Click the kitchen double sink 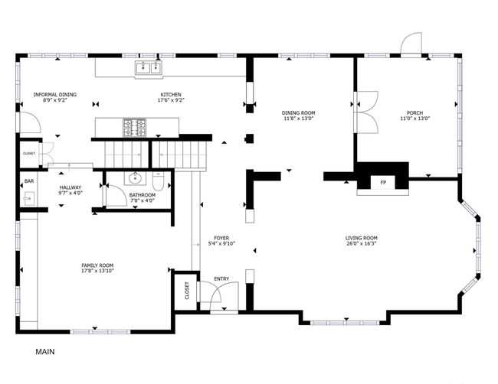(x=149, y=68)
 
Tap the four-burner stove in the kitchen (x=135, y=128)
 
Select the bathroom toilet (x=158, y=181)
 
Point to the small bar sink (x=28, y=199)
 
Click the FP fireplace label (x=383, y=183)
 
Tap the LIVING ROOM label (x=362, y=238)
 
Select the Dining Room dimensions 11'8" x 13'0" (x=298, y=119)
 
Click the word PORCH (x=414, y=113)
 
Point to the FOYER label (x=221, y=238)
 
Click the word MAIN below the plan (x=44, y=352)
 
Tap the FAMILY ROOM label (x=97, y=265)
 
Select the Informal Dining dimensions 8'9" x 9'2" (x=55, y=100)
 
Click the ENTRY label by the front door (x=221, y=279)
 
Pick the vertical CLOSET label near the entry (x=187, y=290)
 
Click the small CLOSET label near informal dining (x=29, y=154)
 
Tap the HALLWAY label (x=70, y=187)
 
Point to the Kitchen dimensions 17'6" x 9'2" (x=171, y=100)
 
